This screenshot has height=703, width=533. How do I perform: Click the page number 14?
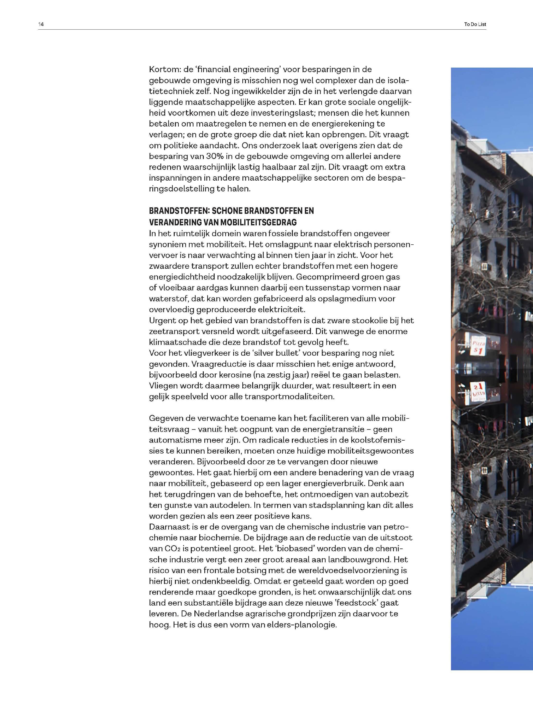(41, 24)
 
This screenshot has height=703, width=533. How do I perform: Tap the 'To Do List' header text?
(475, 24)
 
